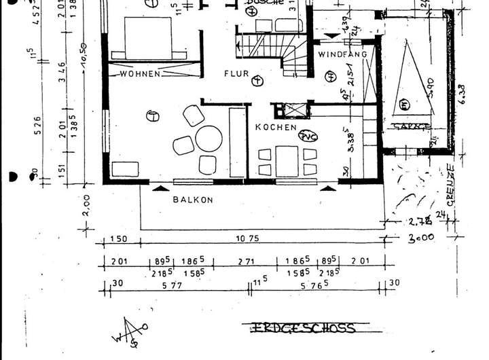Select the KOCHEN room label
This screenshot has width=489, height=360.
click(x=276, y=127)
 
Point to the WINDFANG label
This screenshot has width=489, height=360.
click(x=342, y=54)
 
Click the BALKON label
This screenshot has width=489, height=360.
click(x=193, y=200)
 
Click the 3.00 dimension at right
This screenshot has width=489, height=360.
click(x=422, y=239)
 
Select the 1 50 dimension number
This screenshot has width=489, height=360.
click(x=119, y=240)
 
